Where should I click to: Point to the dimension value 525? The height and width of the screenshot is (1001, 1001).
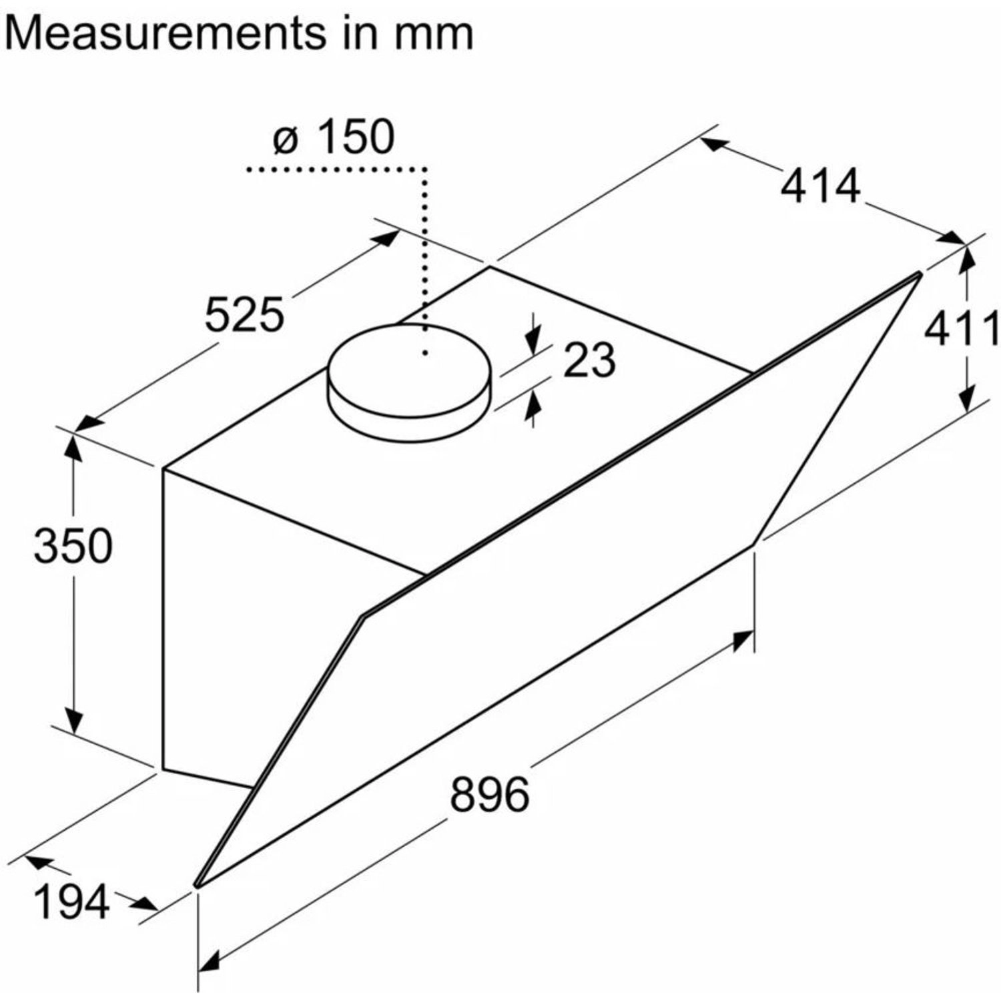pos(244,314)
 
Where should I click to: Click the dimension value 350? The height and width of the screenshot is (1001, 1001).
pos(73,545)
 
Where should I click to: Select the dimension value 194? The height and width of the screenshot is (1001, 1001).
pos(71,902)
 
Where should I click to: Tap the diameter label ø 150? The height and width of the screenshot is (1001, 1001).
pos(334,137)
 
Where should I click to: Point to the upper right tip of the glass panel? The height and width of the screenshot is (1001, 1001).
pos(920,274)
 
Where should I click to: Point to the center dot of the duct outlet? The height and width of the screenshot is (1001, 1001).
pos(424,352)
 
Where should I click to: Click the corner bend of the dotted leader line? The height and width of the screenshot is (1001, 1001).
pos(424,170)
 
